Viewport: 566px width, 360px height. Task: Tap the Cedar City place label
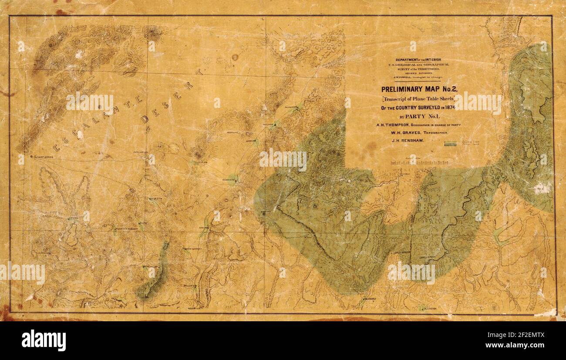coord(229,179)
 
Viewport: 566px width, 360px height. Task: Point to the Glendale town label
coord(371,299)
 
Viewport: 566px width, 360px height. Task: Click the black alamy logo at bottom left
coord(44,340)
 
